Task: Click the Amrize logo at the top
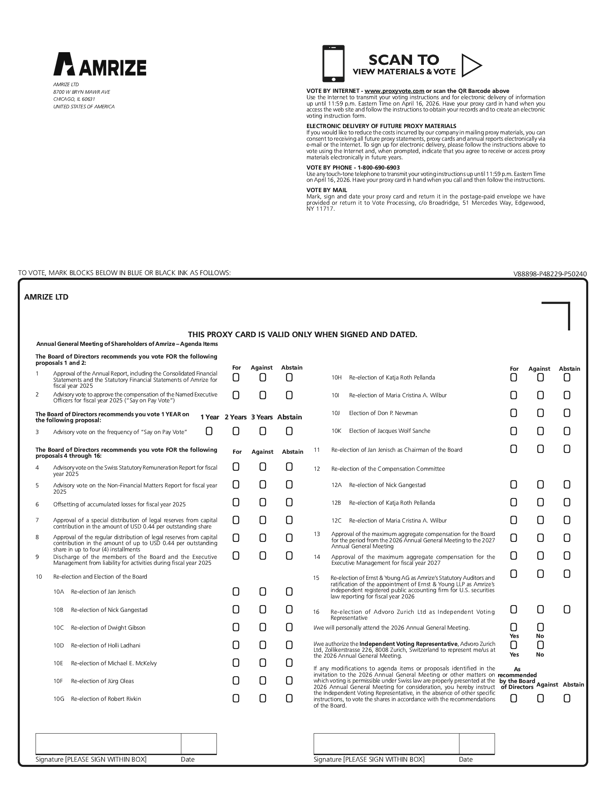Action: pyautogui.click(x=100, y=64)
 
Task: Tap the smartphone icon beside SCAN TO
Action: pyautogui.click(x=333, y=63)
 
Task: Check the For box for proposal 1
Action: pyautogui.click(x=236, y=377)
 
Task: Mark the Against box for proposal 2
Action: pyautogui.click(x=263, y=395)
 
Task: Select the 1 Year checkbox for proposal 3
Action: pyautogui.click(x=209, y=431)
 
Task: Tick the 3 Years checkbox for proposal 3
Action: pyautogui.click(x=263, y=431)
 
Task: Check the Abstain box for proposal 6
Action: pyautogui.click(x=289, y=502)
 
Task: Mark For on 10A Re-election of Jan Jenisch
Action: pyautogui.click(x=236, y=592)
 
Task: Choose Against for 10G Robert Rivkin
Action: pyautogui.click(x=263, y=698)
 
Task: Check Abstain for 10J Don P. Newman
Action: pyautogui.click(x=567, y=413)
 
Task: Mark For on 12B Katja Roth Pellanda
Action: pyautogui.click(x=514, y=502)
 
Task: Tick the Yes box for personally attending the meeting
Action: pyautogui.click(x=514, y=627)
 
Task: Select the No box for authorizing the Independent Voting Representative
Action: pyautogui.click(x=540, y=645)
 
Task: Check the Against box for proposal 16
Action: pyautogui.click(x=540, y=610)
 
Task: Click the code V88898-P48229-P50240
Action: pyautogui.click(x=550, y=274)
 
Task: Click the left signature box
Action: pyautogui.click(x=108, y=743)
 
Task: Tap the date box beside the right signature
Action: pyautogui.click(x=477, y=743)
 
